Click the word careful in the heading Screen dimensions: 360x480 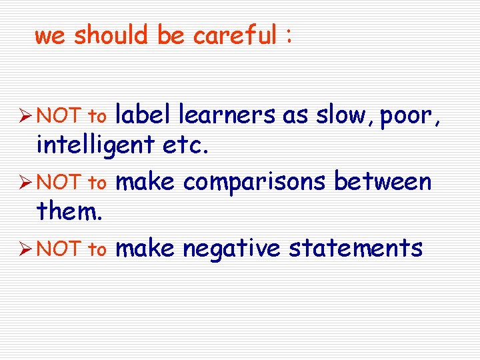[234, 35]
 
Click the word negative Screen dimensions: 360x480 [231, 249]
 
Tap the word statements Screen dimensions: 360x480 [355, 249]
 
